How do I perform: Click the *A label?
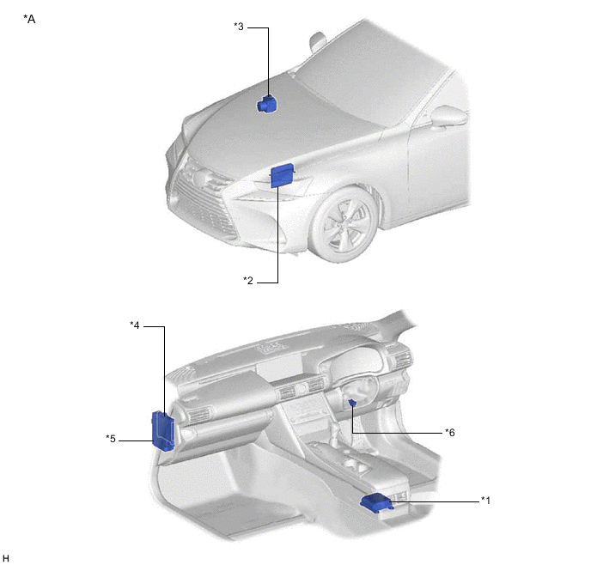coord(29,19)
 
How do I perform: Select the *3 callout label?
coord(239,27)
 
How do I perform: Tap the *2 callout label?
coord(248,281)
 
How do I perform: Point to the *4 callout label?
coord(135,325)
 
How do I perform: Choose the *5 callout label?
coord(111,439)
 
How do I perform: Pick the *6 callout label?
coord(449,433)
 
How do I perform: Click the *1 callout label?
coord(485,501)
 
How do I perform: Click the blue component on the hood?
coord(266,105)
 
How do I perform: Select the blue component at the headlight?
coord(282,175)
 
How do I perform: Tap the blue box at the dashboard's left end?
coord(163,430)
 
